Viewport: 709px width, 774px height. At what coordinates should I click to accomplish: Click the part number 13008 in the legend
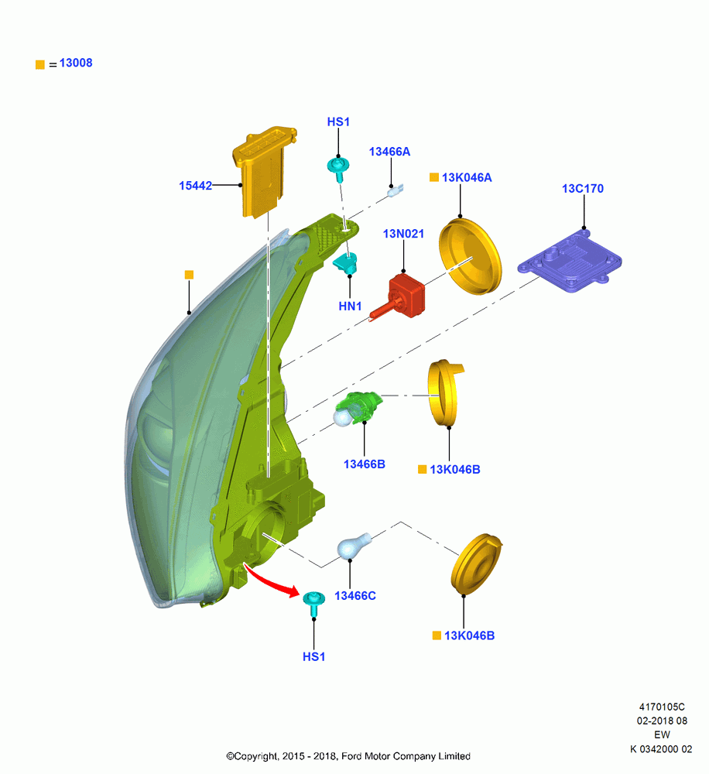coord(76,63)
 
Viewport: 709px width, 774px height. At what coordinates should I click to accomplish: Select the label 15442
coord(196,186)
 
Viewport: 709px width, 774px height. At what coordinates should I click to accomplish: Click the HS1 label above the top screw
coord(338,122)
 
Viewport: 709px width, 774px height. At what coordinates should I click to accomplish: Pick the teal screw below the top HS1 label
coord(339,169)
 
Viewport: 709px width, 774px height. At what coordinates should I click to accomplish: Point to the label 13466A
coord(389,152)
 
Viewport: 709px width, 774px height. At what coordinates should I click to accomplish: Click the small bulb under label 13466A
coord(396,190)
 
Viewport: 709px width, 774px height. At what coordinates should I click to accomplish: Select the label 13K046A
coord(467,178)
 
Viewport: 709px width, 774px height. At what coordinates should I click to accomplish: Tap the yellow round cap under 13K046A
coord(471,256)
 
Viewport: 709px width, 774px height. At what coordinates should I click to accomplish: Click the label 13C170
coord(583,189)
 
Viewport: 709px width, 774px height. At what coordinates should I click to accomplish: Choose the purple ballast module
coord(570,260)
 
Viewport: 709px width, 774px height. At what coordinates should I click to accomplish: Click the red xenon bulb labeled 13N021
coord(400,297)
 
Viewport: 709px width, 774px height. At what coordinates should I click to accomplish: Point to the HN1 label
coord(350,306)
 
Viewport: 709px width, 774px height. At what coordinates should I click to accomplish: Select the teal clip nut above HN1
coord(346,263)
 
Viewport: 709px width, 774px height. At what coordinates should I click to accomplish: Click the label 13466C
coord(355,596)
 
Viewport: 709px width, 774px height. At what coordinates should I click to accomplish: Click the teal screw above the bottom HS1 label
coord(314,603)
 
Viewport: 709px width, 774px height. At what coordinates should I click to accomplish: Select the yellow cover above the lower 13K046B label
coord(477,563)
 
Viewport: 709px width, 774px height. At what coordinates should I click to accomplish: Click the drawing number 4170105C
coord(662,707)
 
